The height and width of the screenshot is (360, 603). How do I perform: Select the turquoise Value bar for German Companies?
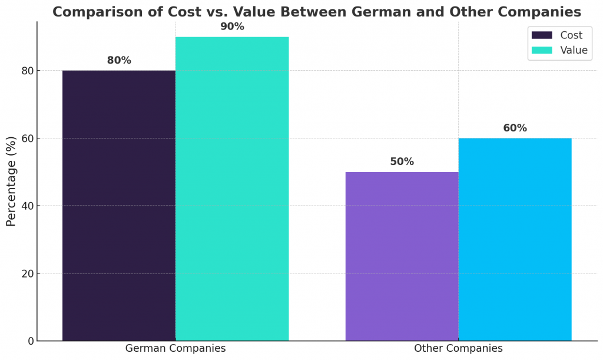[x=232, y=189]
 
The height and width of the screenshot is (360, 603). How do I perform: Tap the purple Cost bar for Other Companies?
[x=402, y=256]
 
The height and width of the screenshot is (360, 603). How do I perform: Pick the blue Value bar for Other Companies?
[x=515, y=239]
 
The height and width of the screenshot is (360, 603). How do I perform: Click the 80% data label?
[x=119, y=61]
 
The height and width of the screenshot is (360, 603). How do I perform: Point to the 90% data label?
[x=232, y=27]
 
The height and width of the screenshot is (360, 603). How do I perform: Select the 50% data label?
[x=402, y=162]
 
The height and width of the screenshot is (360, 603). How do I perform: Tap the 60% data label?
[x=515, y=128]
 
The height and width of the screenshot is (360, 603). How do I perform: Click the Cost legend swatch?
[x=542, y=35]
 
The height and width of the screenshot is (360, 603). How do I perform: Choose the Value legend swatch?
[x=542, y=50]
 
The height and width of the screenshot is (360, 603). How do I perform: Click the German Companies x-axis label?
[x=175, y=348]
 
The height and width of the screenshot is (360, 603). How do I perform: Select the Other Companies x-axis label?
[x=458, y=348]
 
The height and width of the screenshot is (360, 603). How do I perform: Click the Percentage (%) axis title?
[x=11, y=181]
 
